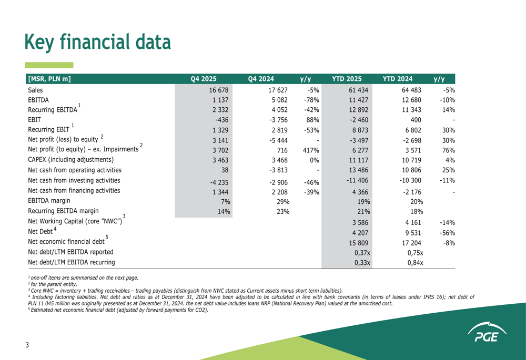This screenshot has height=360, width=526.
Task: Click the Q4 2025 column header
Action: [x=204, y=79]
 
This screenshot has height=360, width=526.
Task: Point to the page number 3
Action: [x=27, y=345]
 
